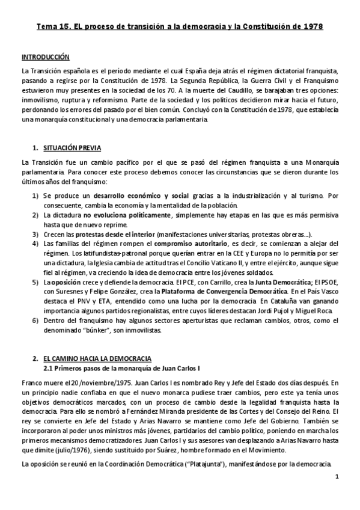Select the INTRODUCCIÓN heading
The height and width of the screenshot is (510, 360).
coord(46,57)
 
